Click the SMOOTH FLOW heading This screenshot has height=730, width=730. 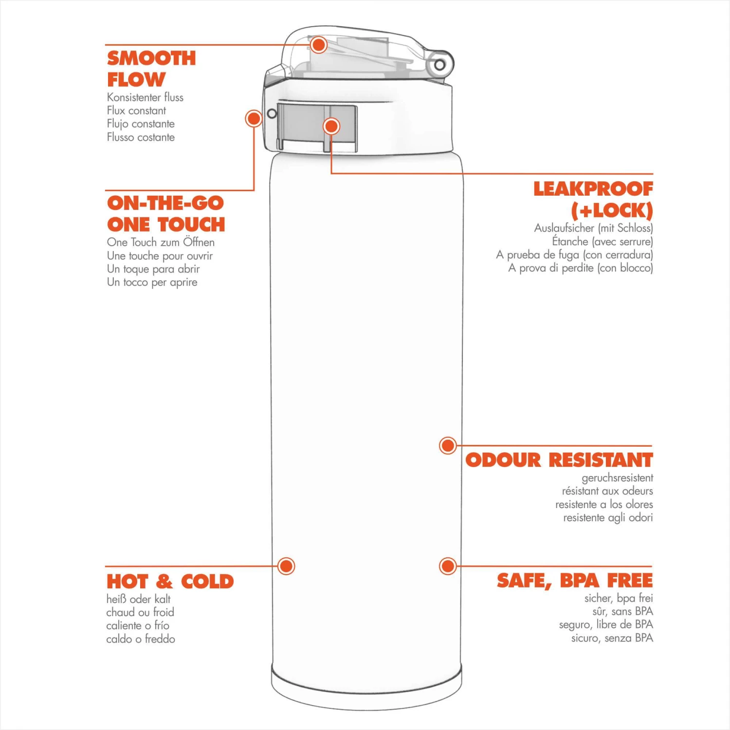151,69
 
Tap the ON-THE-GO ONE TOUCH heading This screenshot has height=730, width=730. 166,214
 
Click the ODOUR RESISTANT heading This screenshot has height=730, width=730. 559,460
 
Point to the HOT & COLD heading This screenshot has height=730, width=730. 170,581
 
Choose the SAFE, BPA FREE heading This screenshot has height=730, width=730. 575,581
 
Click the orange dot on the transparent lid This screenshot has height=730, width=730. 319,45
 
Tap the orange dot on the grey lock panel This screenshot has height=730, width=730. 331,127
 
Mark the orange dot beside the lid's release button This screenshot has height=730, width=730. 254,118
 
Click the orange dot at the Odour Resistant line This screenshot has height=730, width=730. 448,445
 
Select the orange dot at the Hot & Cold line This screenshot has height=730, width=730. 286,566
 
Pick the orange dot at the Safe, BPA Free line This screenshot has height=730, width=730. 448,566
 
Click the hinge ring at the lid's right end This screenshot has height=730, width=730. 439,65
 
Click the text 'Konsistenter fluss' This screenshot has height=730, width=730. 145,97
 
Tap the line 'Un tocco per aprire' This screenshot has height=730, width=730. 152,282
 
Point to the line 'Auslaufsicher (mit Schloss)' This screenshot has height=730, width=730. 593,228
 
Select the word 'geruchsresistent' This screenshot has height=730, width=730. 617,478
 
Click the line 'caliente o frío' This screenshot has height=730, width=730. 138,625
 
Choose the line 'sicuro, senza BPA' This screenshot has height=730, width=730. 612,638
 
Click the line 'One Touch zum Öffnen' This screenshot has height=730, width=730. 161,242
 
